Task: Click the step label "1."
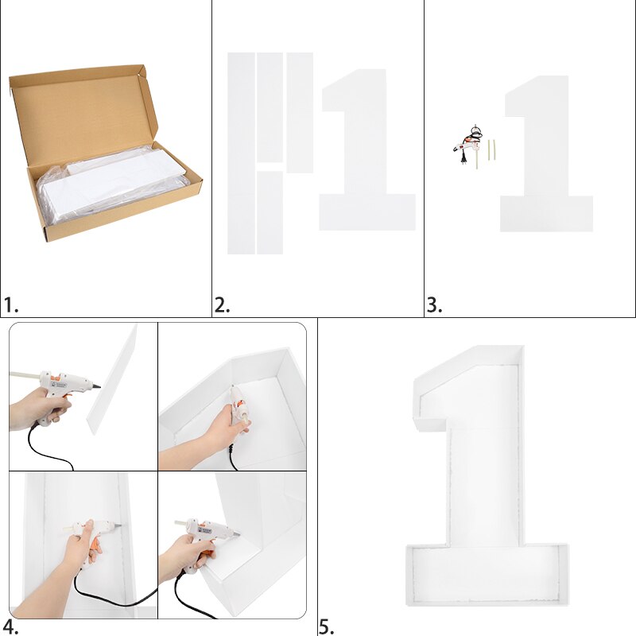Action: tap(10, 305)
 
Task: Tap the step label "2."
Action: tap(222, 305)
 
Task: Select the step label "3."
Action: tap(434, 305)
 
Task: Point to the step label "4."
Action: tap(10, 626)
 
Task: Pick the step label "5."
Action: tap(327, 626)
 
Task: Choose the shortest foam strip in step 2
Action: tap(270, 212)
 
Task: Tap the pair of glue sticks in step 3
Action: tap(491, 149)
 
